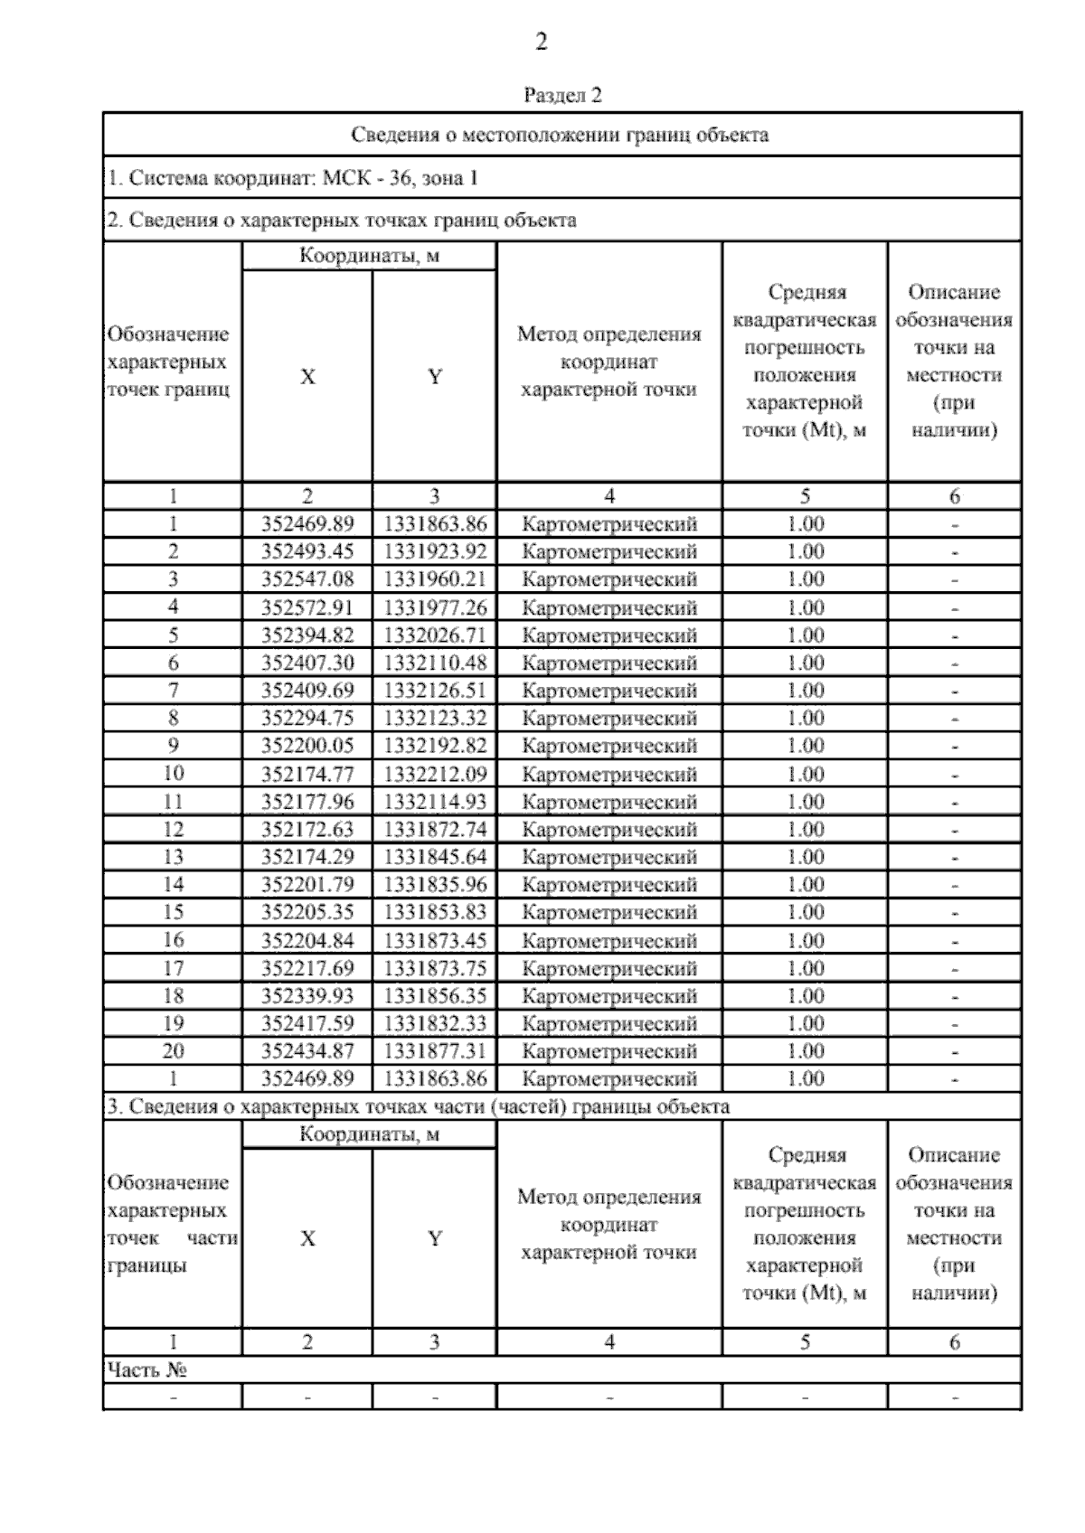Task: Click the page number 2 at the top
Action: [541, 42]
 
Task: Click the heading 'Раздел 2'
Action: [562, 95]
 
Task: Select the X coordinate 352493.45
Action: [307, 551]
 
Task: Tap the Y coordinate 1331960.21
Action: [435, 579]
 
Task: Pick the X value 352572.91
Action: [307, 607]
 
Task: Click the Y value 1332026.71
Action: [435, 635]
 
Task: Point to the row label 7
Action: [173, 691]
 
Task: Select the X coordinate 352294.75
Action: [307, 719]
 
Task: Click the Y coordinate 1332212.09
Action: [435, 775]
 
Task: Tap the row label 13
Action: [173, 857]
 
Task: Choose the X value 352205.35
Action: [307, 912]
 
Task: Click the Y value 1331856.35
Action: [435, 996]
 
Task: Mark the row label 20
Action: [173, 1051]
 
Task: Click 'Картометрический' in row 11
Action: [609, 802]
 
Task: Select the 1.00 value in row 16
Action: [805, 941]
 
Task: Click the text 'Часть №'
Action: [146, 1370]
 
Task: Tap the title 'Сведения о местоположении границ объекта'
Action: [560, 136]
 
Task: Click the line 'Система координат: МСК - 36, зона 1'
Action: [293, 178]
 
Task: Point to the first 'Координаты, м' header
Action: [369, 256]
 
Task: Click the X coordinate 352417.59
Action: [307, 1024]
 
